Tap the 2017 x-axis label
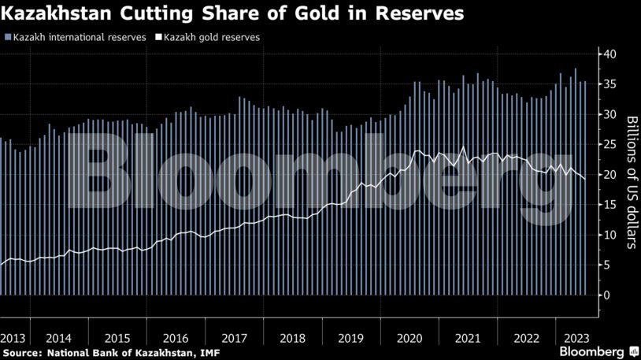tap(234, 338)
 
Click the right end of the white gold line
tap(584, 180)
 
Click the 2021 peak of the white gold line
tap(464, 147)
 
